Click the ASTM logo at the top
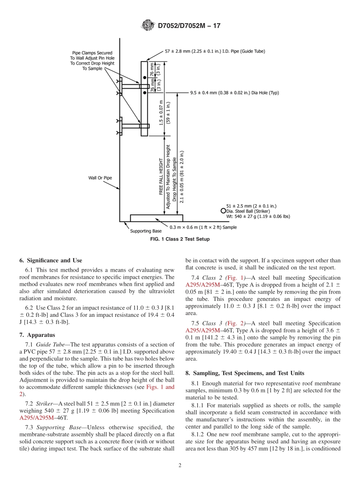(148, 25)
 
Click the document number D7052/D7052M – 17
(188, 26)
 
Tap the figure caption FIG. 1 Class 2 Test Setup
(180, 239)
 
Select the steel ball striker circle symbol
(223, 211)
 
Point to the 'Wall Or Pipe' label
(100, 177)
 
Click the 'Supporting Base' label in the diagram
(146, 231)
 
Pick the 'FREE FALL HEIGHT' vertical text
(161, 177)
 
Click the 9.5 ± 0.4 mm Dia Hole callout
(234, 93)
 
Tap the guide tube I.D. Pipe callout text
(215, 51)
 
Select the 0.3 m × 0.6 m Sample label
(203, 227)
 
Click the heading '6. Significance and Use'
(50, 260)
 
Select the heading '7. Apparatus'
(37, 335)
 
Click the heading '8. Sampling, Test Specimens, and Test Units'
(245, 373)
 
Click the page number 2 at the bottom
(180, 466)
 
